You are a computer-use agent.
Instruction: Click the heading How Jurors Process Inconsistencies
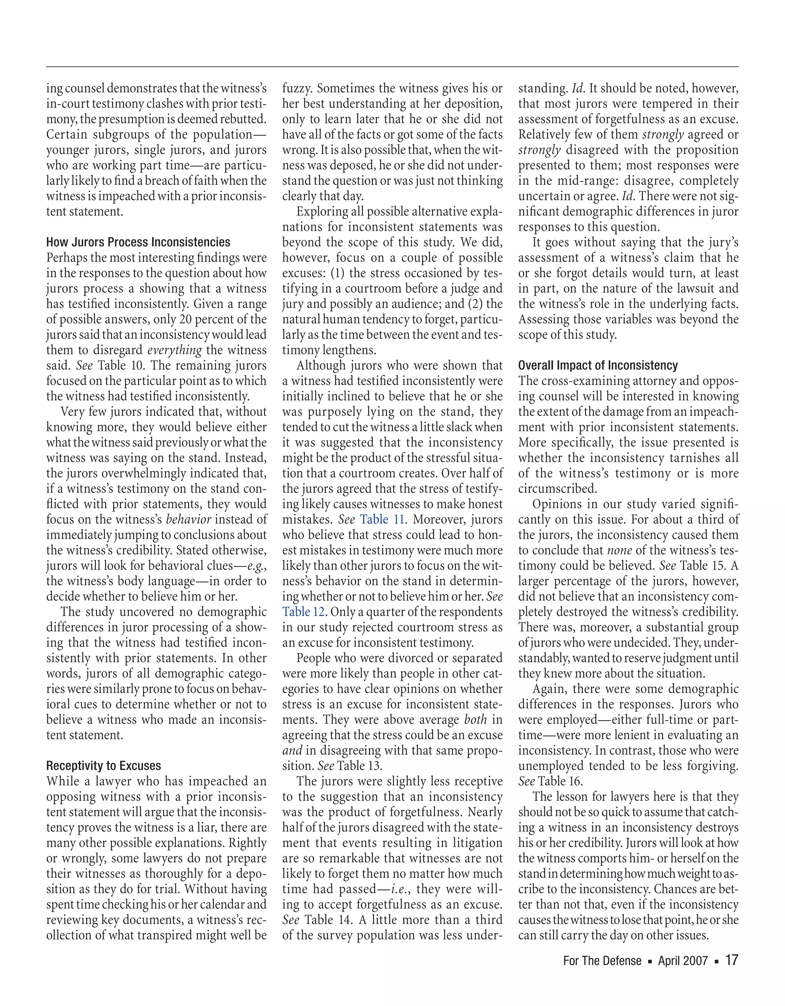click(x=138, y=242)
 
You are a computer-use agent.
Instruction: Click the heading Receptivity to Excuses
click(x=103, y=766)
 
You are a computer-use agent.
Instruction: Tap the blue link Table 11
click(x=382, y=520)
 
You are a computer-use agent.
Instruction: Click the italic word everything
click(x=174, y=351)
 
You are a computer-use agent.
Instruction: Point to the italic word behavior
click(x=188, y=520)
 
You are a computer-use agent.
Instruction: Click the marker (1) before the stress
click(x=337, y=273)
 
